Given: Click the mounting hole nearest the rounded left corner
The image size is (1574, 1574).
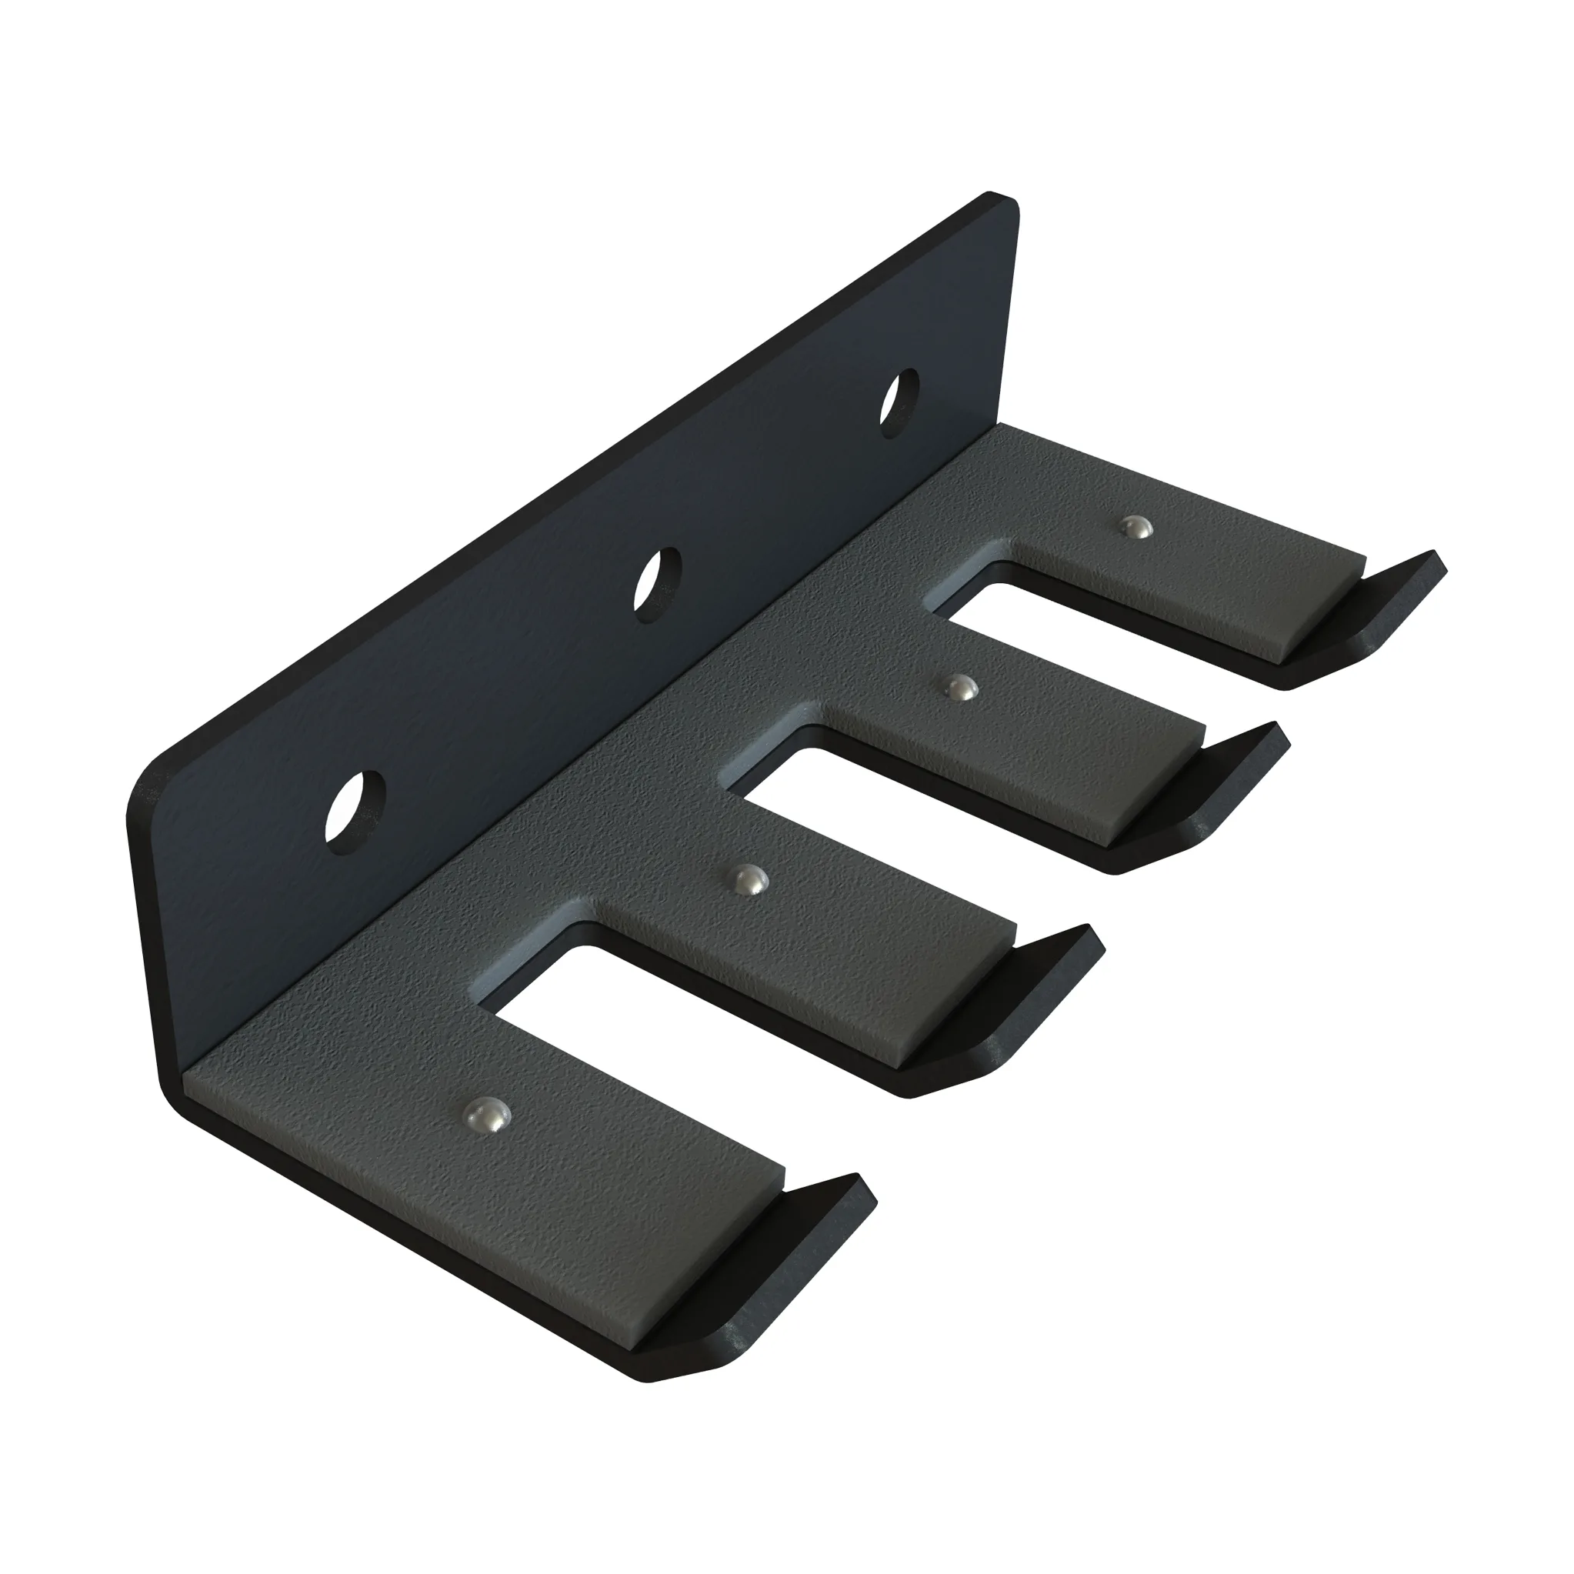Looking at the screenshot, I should [355, 807].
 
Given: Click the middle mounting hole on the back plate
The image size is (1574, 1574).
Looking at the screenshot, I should [659, 585].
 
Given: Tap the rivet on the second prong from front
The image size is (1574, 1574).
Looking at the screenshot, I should [747, 881].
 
